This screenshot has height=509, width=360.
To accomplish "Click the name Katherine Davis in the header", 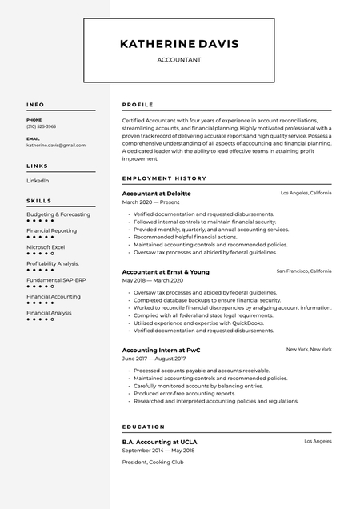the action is coord(179,44).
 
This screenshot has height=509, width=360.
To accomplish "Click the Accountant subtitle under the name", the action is coord(179,60).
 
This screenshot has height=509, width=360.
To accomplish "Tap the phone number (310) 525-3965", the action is coord(42,126).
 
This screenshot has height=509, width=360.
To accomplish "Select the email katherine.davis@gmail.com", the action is coord(56,146).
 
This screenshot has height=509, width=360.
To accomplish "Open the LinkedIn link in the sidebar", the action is coord(38,181).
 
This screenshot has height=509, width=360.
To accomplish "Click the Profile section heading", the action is coord(138,105).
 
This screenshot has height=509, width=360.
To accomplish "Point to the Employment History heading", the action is coord(164,178).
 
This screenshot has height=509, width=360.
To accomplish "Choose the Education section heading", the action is coord(143,427).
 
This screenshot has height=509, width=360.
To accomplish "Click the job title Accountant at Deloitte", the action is coord(156,194).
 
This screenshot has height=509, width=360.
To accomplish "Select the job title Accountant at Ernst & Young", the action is coord(166,272).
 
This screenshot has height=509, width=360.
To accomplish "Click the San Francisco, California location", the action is coord(303,271).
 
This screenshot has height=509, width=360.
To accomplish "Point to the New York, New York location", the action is coord(309,350).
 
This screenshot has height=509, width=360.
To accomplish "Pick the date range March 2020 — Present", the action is coord(150,202).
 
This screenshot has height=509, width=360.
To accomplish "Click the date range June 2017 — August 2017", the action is coord(154,359).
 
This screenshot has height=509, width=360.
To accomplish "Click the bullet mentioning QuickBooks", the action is coord(199,323).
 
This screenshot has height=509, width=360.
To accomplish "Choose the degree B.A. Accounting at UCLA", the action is coord(159,442).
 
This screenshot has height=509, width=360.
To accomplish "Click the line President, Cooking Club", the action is coord(153,462).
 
